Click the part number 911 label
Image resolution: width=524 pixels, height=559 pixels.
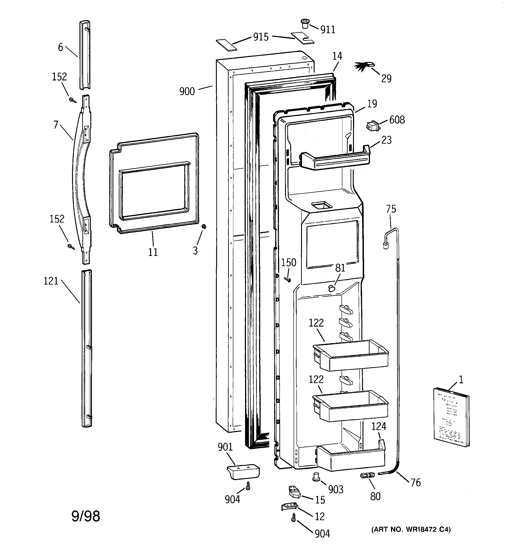pyautogui.click(x=328, y=30)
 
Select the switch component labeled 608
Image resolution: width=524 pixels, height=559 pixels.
pyautogui.click(x=373, y=126)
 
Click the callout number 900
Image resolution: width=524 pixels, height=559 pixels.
pyautogui.click(x=187, y=91)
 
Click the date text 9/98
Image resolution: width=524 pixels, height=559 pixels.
pyautogui.click(x=86, y=516)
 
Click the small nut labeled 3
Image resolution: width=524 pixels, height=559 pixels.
pyautogui.click(x=204, y=226)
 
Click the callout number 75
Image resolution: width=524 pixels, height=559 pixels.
pyautogui.click(x=391, y=209)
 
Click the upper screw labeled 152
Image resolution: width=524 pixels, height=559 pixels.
pyautogui.click(x=73, y=100)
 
